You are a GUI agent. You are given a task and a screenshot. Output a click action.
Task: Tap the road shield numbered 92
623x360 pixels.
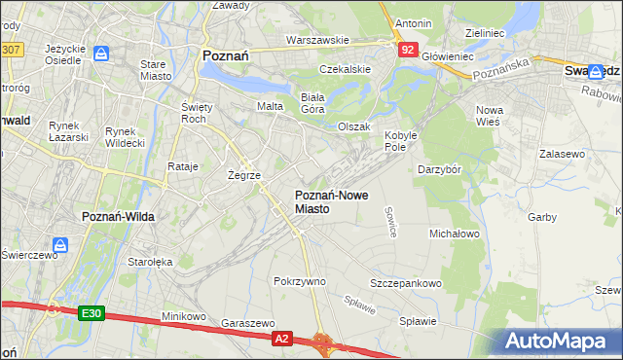pos(407,48)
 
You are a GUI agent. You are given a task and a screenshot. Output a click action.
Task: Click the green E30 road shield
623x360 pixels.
pos(92,312)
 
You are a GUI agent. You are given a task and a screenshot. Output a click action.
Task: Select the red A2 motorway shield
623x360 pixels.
pos(281,338)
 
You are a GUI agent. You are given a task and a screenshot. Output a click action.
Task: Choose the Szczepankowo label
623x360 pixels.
pos(406,283)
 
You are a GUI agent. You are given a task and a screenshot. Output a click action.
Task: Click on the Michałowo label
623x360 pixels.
pos(455,234)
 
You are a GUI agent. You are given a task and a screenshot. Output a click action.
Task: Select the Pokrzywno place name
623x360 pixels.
pos(300,280)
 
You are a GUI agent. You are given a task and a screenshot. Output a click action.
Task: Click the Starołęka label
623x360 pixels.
pos(150,261)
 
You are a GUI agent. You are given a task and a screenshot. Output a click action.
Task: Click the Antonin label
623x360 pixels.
pos(414,22)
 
